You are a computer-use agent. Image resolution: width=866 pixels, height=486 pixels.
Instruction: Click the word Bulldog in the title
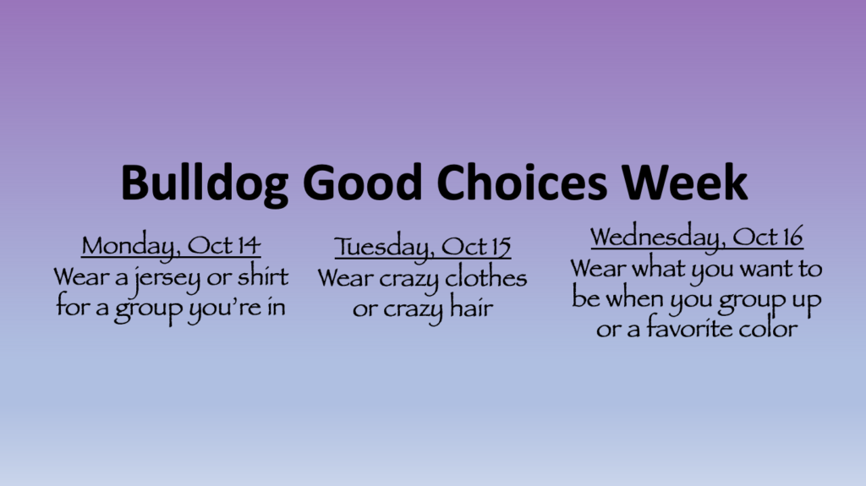[205, 183]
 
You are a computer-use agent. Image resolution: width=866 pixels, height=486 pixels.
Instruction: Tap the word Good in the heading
[363, 183]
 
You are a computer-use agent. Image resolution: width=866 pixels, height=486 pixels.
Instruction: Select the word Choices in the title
[522, 183]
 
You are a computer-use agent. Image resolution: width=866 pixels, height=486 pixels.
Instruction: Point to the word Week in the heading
[684, 183]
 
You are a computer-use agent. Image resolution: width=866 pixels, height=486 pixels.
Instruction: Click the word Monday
[129, 246]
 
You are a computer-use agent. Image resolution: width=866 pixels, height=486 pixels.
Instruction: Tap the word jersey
[167, 279]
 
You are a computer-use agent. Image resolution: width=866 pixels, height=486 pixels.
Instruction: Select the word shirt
[263, 276]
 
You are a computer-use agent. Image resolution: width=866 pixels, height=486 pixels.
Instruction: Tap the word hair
[471, 308]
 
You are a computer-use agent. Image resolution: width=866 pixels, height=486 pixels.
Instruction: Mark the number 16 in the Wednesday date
[791, 237]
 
